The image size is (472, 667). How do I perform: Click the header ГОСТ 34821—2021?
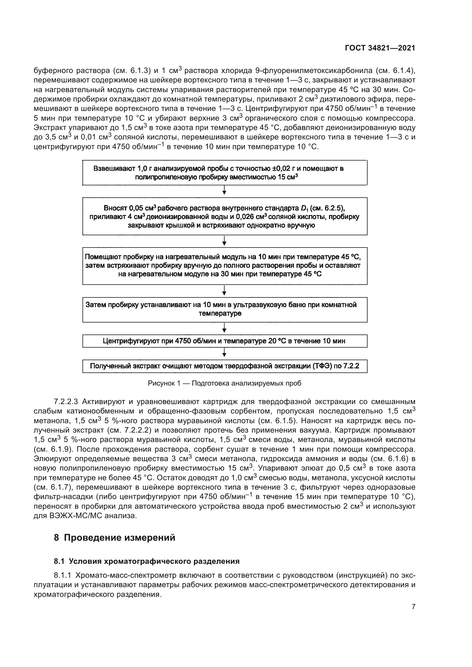(x=380, y=48)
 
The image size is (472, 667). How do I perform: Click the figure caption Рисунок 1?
(x=224, y=383)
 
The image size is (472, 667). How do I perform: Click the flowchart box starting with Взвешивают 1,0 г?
(x=224, y=173)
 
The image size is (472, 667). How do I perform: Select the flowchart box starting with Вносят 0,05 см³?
(x=224, y=216)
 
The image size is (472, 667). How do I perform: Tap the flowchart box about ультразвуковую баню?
(x=224, y=309)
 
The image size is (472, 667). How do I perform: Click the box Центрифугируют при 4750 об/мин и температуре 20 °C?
(x=224, y=341)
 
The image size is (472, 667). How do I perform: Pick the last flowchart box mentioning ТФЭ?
(x=224, y=366)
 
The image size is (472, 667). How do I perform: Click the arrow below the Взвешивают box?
(x=224, y=191)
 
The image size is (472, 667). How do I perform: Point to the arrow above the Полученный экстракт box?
(x=224, y=353)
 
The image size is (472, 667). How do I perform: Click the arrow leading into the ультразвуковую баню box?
(x=224, y=291)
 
